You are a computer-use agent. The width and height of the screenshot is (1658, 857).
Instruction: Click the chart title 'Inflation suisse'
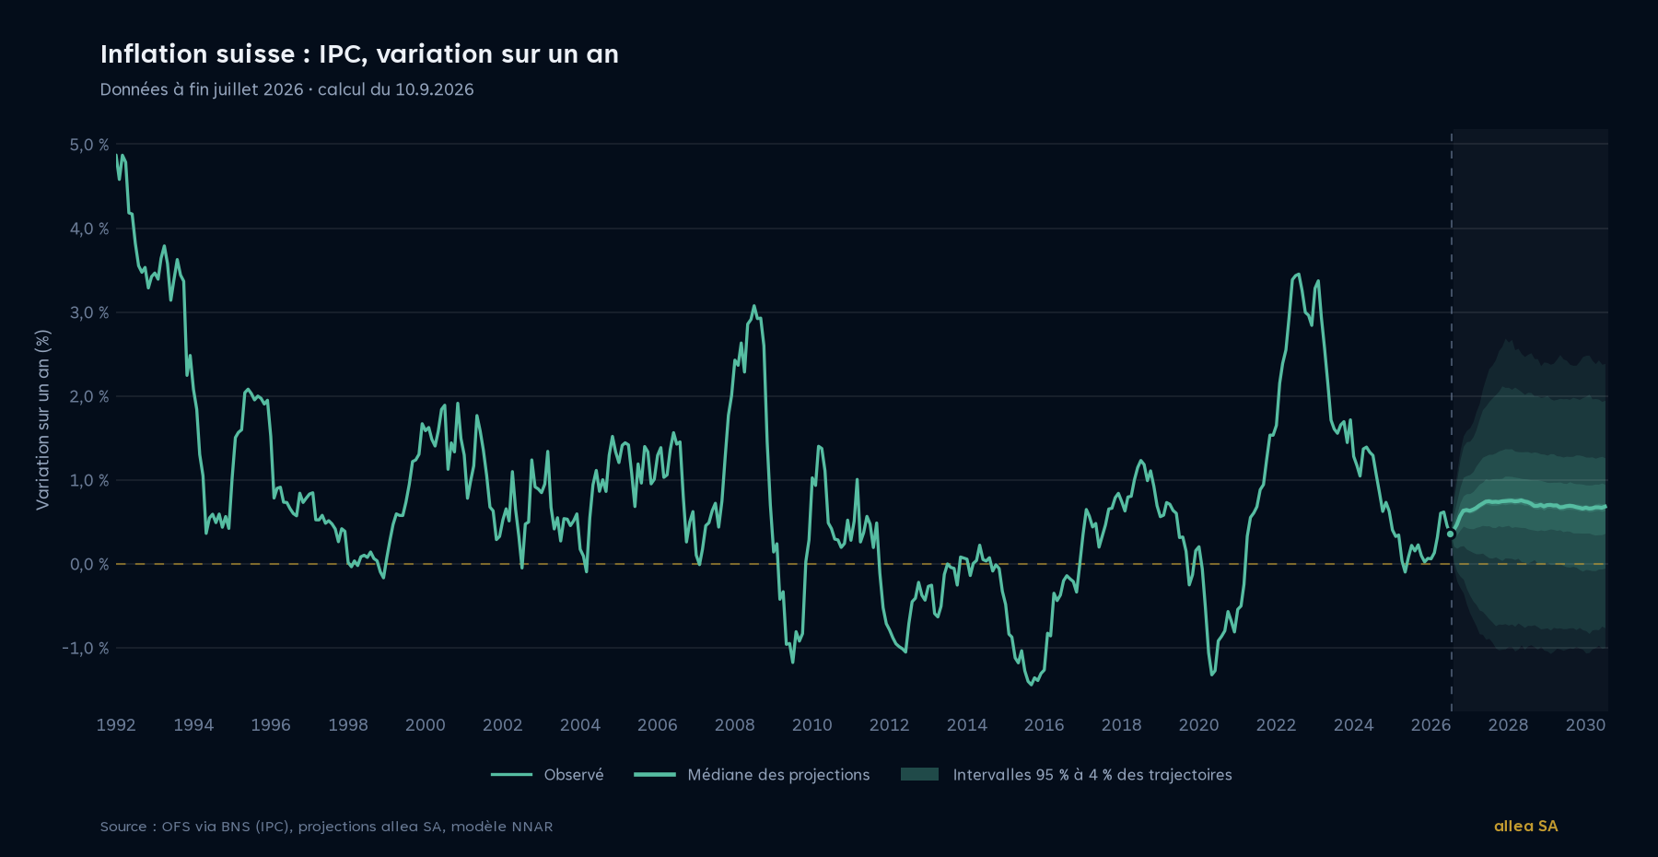[197, 54]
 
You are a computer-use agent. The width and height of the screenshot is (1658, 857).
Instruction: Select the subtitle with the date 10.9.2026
[286, 89]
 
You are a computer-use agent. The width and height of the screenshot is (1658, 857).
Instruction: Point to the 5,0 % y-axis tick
[88, 145]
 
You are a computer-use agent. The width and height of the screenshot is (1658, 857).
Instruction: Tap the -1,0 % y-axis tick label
[86, 648]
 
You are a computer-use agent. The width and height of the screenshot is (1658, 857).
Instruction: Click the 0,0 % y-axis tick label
[88, 564]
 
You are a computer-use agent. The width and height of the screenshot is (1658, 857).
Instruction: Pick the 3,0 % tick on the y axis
[88, 312]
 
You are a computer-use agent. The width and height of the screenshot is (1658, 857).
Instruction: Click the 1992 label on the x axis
[116, 725]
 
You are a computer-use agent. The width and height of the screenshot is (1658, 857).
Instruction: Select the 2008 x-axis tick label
[734, 725]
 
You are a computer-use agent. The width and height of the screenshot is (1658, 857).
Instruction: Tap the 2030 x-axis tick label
[1585, 725]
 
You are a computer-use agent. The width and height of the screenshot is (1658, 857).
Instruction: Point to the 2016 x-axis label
[1044, 725]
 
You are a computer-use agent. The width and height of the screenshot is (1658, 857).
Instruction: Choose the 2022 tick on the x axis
[1276, 725]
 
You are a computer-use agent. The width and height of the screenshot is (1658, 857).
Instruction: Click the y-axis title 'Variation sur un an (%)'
[42, 419]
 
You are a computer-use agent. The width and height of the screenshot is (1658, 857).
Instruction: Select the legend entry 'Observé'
[547, 775]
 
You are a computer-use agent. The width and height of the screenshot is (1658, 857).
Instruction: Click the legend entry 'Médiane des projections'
[752, 775]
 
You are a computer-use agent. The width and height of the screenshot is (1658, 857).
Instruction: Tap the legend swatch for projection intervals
[919, 774]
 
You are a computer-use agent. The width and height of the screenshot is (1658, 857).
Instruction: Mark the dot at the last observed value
[1451, 534]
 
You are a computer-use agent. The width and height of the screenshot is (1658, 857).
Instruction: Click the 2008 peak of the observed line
[753, 306]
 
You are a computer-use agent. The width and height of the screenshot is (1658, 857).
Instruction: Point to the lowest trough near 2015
[1032, 685]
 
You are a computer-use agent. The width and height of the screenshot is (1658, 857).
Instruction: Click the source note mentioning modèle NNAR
[326, 827]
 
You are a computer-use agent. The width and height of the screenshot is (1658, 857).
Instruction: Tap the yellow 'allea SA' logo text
[1525, 826]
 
